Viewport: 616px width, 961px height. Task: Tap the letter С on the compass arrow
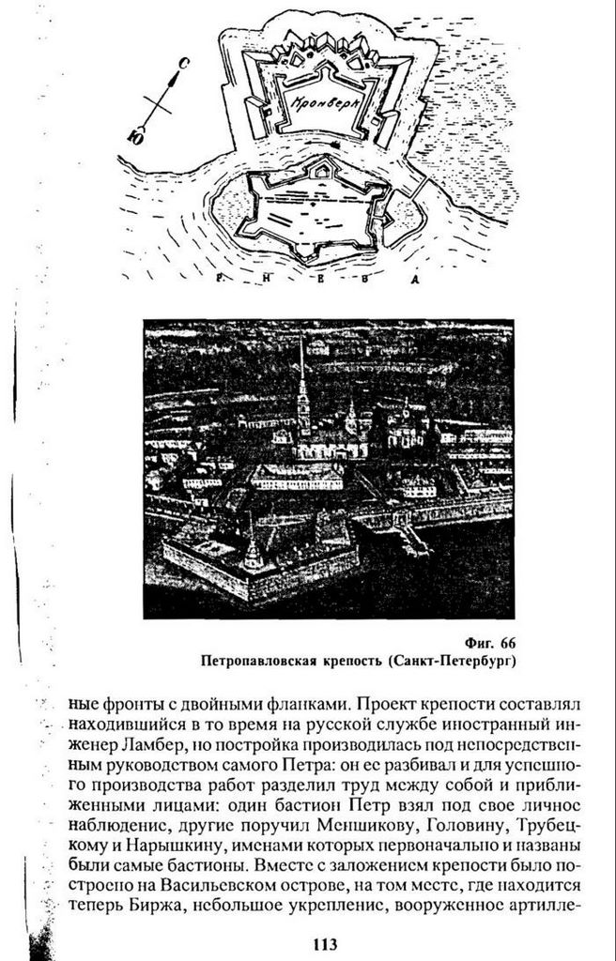(185, 64)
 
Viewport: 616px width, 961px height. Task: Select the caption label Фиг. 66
(490, 643)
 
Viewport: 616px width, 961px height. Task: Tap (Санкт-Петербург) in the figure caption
(453, 661)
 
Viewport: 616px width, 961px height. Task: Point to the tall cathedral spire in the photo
(302, 394)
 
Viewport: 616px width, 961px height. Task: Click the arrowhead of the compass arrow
(177, 77)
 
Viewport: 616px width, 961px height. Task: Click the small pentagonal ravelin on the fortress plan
(322, 168)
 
